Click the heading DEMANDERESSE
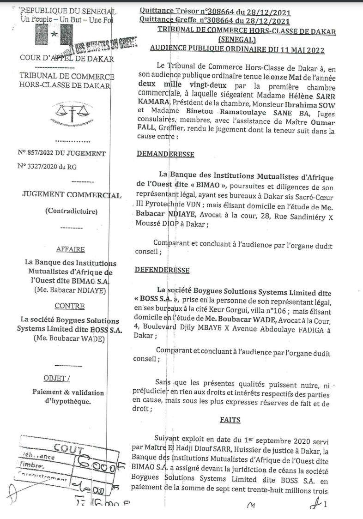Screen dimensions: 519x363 pos(165,154)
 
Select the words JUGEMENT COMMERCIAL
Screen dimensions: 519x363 pos(72,195)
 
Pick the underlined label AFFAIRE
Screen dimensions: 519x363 pos(70,249)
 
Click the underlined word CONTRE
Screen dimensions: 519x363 pos(70,306)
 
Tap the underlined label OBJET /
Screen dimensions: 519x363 pos(57,378)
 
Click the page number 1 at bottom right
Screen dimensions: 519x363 pos(325,504)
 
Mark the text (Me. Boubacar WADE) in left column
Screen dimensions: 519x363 pos(69,339)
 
